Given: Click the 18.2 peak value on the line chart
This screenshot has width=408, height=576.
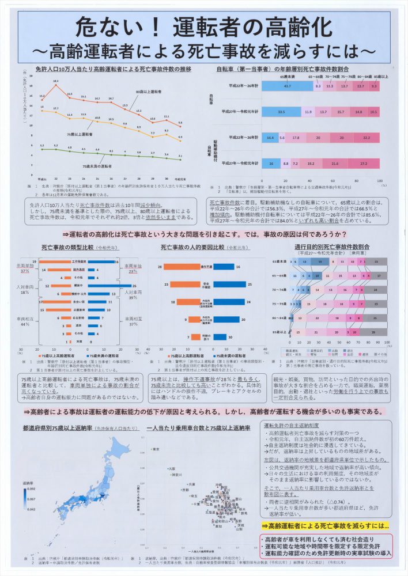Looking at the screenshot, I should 56,83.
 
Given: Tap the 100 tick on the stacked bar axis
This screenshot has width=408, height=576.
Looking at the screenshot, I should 379,180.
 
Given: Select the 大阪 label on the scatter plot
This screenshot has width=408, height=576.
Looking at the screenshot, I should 172,468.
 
